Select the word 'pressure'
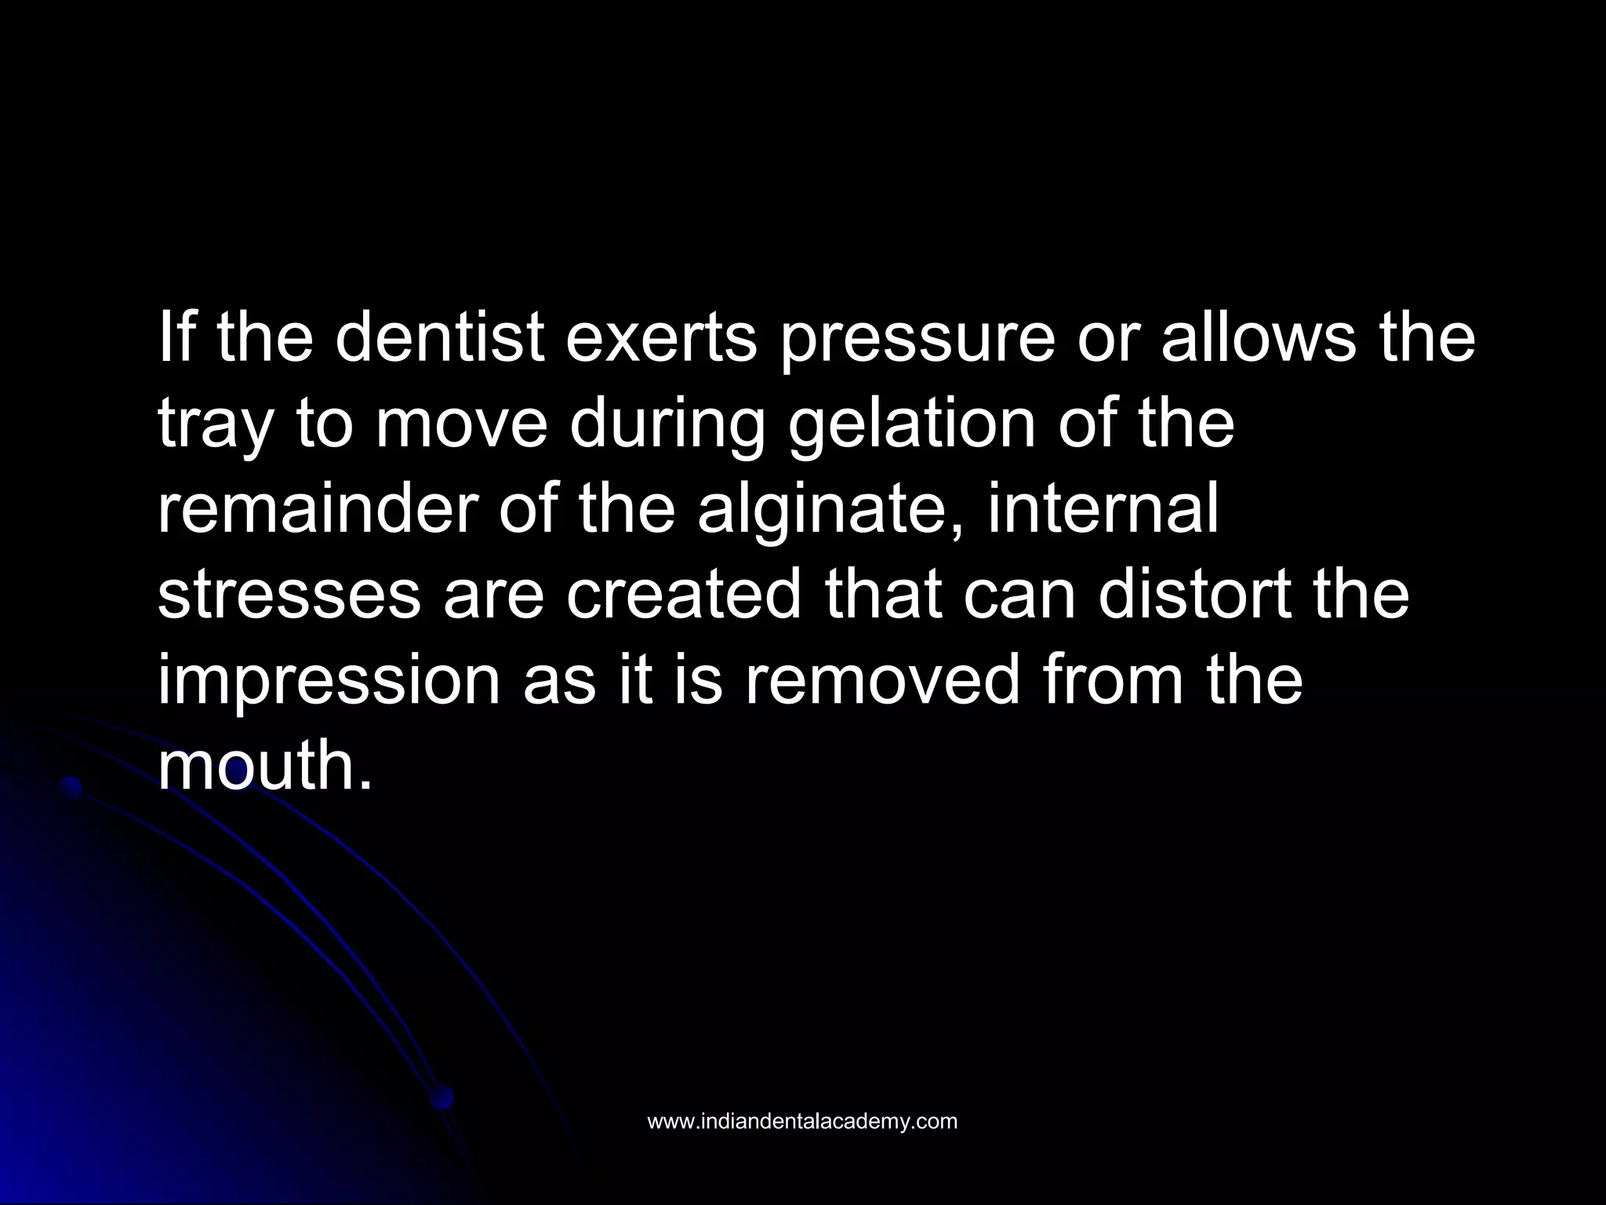tap(917, 338)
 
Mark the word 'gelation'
tap(910, 425)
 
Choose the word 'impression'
tap(329, 681)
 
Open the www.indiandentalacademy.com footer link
tap(801, 1121)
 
